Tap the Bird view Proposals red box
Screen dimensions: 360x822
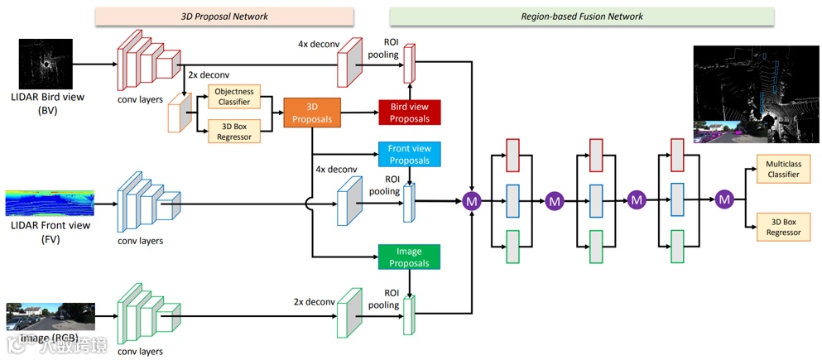point(410,113)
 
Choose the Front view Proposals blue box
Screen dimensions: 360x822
point(409,155)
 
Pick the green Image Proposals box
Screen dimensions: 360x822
point(409,257)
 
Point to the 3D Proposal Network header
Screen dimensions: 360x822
point(224,16)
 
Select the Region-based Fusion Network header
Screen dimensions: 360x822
point(582,16)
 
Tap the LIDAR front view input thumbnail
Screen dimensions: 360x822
point(50,204)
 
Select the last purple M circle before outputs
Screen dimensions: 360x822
point(724,199)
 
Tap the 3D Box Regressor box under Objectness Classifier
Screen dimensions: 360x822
point(233,131)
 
